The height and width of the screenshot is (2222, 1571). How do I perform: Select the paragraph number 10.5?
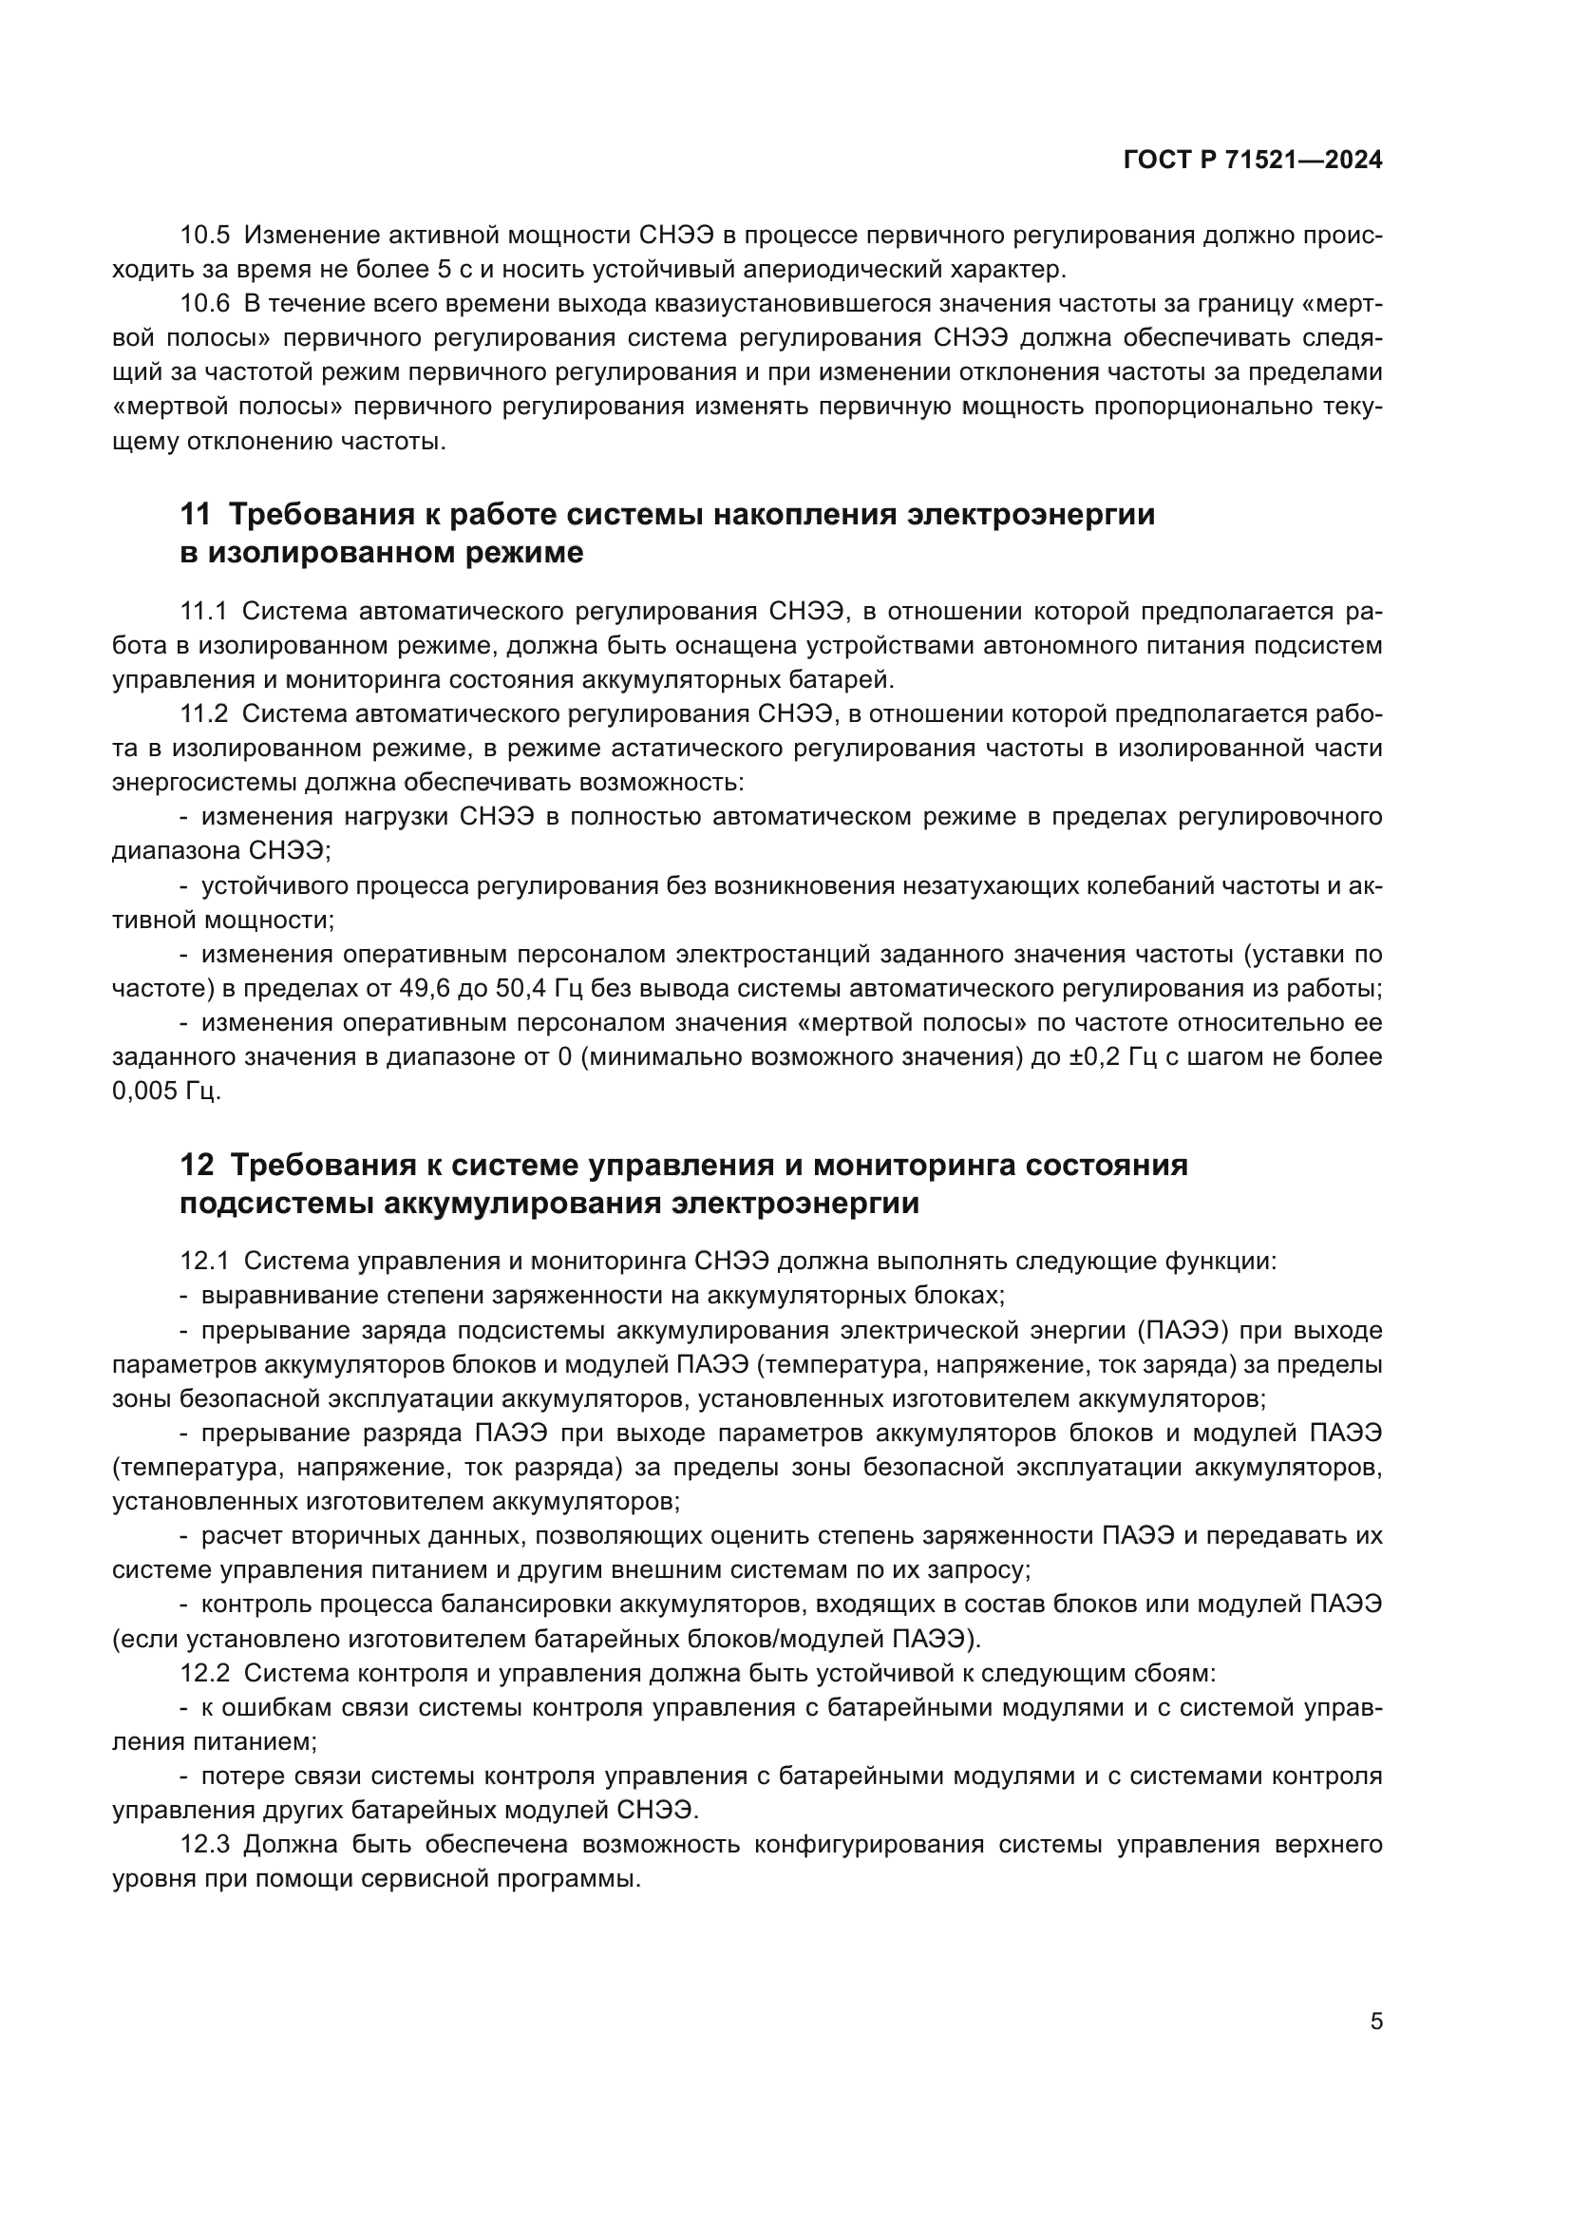point(205,236)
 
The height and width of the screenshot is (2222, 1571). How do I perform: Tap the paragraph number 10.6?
point(205,304)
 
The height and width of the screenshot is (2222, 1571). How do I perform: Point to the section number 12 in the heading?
point(197,1165)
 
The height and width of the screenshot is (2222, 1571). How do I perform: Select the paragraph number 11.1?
point(204,612)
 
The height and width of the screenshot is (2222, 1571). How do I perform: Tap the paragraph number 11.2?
point(204,714)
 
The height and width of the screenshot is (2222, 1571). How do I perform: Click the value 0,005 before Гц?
point(145,1092)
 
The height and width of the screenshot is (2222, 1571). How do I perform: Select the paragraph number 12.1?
point(205,1261)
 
